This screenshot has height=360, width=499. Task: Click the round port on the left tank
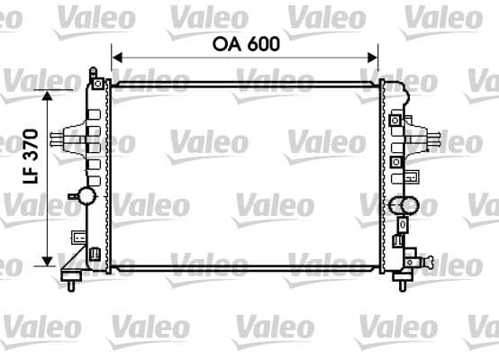tap(86, 195)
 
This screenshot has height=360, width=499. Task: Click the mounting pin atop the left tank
tap(93, 71)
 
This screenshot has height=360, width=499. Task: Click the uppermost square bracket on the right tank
tap(395, 119)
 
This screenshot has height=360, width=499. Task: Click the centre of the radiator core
tap(244, 175)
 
